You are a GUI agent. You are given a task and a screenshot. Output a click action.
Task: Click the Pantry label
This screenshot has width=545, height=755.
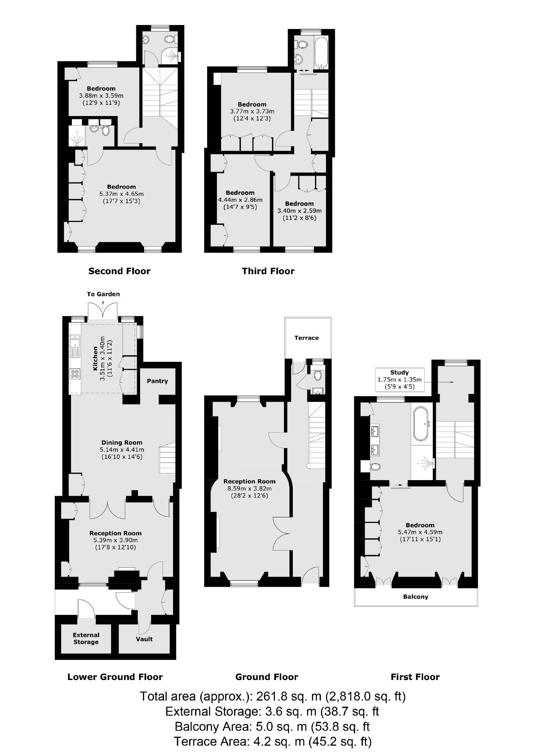click(157, 381)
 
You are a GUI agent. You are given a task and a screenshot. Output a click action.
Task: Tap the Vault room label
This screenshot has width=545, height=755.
click(144, 639)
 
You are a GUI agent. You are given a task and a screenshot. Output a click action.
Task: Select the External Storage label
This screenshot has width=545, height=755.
click(86, 638)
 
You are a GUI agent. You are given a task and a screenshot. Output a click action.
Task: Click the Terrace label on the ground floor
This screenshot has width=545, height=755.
click(307, 338)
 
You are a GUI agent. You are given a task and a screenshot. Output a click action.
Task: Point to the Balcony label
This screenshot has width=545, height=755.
click(416, 596)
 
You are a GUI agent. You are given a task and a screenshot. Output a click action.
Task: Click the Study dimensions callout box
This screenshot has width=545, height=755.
click(400, 379)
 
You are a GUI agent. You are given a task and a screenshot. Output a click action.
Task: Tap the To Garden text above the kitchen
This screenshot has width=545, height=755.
click(104, 294)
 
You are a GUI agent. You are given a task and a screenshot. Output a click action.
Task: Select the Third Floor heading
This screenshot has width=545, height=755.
click(268, 271)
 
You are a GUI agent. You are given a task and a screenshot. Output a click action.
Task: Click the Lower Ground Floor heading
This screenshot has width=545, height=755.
click(115, 677)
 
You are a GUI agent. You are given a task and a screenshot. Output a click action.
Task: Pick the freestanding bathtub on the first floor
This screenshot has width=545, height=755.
click(422, 424)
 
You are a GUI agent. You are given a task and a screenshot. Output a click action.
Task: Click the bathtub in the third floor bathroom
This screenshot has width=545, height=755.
click(321, 52)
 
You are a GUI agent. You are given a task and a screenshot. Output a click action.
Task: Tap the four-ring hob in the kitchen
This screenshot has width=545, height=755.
click(75, 373)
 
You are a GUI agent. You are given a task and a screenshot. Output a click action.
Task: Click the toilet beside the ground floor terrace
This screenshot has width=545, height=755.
click(317, 375)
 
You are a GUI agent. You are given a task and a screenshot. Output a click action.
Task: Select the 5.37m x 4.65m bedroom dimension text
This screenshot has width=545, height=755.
click(121, 194)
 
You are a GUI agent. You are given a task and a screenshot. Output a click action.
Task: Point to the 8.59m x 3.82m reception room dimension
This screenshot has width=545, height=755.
click(250, 488)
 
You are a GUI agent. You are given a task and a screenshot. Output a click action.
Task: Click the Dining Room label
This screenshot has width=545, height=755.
click(122, 442)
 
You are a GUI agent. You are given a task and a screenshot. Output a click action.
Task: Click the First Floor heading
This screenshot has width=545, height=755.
click(415, 677)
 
